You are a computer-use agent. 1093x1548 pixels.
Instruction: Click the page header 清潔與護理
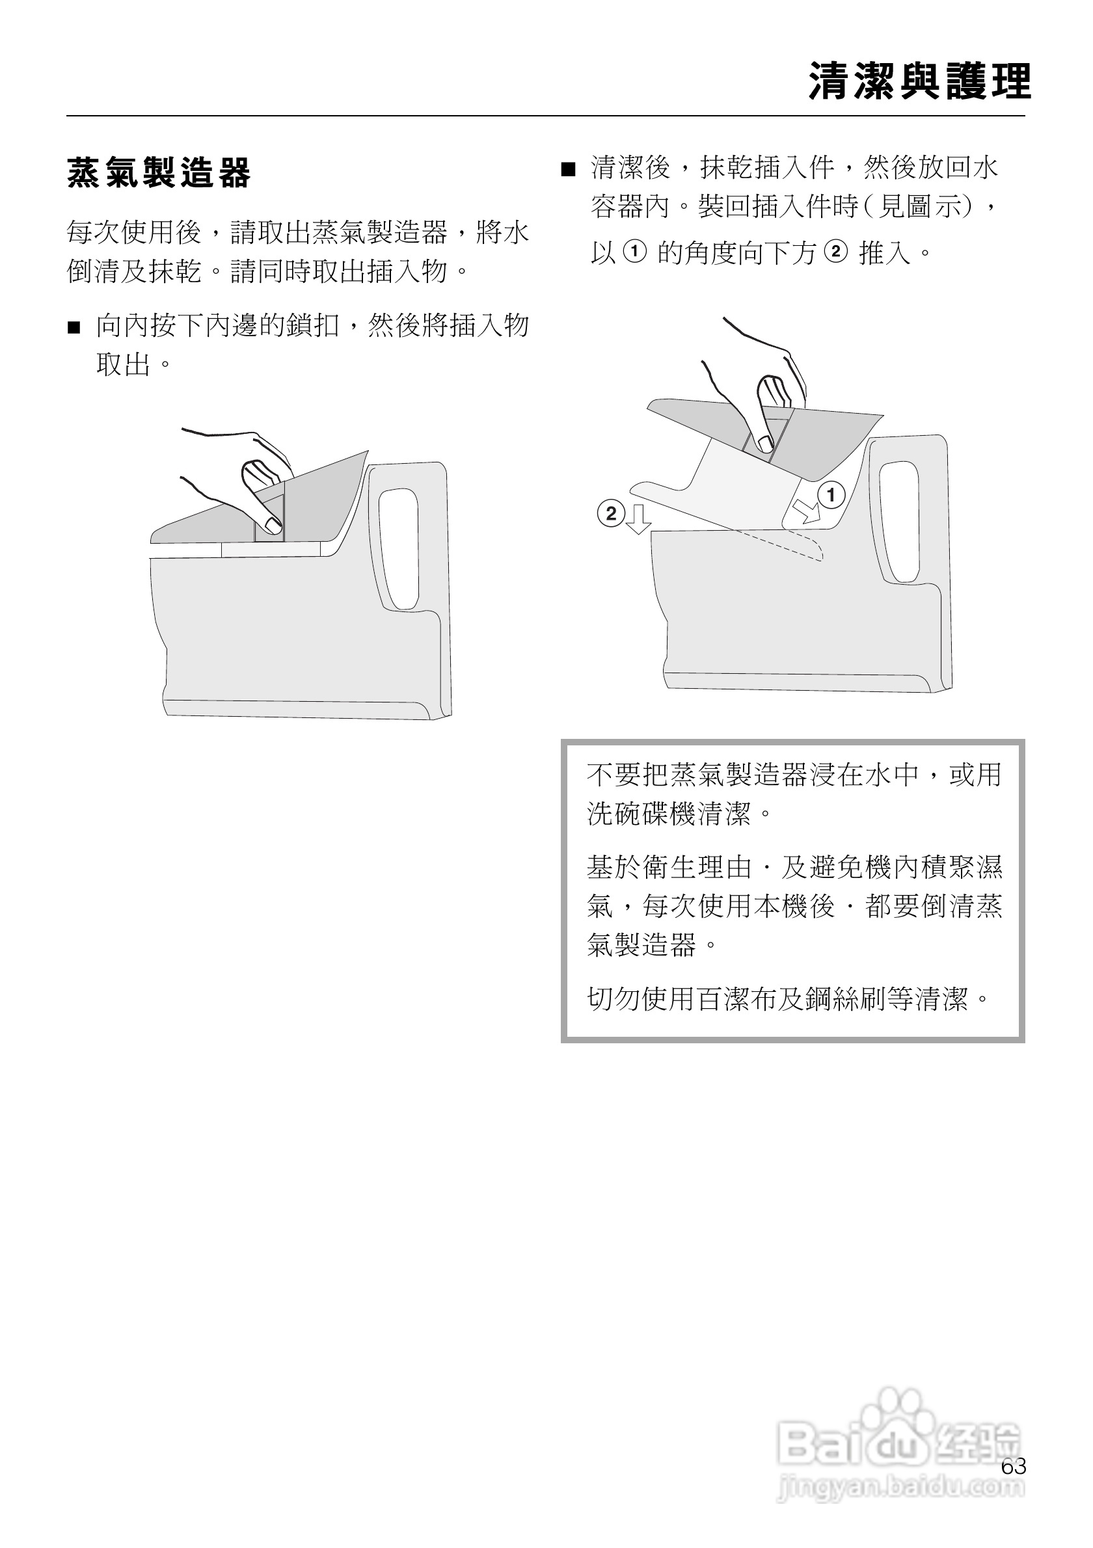coord(920,81)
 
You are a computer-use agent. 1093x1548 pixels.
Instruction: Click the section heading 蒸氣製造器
coord(159,172)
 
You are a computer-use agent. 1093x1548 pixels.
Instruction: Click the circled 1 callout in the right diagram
coord(831,496)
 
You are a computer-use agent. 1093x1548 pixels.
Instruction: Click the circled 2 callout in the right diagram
coord(611,514)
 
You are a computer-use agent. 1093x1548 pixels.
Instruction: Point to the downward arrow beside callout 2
coord(638,518)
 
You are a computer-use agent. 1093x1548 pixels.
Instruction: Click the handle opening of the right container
coord(900,519)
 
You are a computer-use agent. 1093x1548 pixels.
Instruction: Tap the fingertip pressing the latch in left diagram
coord(273,524)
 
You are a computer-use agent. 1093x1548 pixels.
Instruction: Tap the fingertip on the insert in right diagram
coord(765,442)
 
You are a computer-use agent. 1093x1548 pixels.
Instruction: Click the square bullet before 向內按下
coord(74,328)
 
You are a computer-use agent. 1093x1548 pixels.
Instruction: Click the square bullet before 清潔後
coord(569,169)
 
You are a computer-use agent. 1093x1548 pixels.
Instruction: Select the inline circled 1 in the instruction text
coord(634,252)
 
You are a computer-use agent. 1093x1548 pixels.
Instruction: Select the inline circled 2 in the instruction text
coord(835,252)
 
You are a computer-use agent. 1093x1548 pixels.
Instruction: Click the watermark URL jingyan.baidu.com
coord(900,1488)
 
